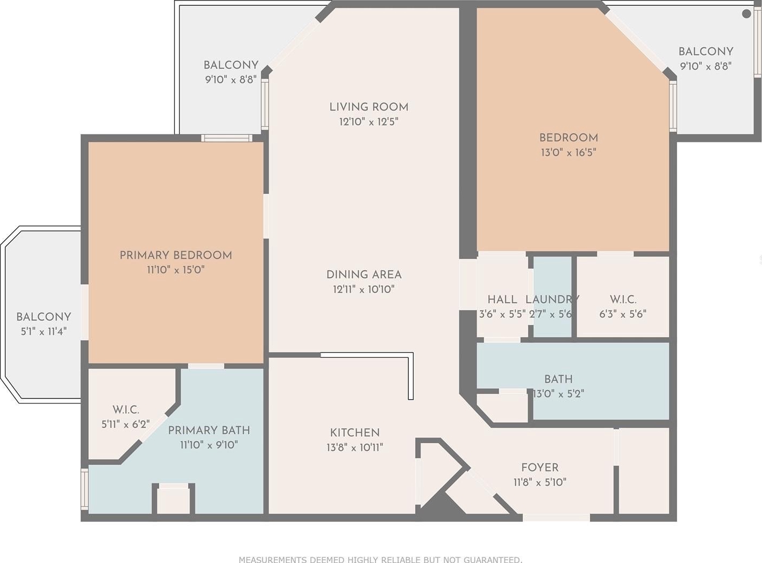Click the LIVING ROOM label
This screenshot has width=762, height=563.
point(369,107)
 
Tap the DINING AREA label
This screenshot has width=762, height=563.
point(364,275)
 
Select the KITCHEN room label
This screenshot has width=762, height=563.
point(355,433)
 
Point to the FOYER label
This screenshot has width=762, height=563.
point(540,467)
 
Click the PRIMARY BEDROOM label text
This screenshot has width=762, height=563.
point(176,255)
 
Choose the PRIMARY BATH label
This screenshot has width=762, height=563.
point(209,430)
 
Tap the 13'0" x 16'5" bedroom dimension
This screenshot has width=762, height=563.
point(568,153)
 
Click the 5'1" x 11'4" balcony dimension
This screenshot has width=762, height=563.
point(44,331)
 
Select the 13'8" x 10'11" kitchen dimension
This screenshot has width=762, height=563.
point(355,447)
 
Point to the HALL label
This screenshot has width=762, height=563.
point(502,300)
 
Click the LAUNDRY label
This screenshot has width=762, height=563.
point(552,300)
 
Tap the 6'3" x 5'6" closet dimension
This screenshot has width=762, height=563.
point(623,314)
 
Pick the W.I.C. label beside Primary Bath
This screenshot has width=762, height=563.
point(126,410)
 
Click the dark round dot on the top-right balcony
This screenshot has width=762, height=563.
point(746,14)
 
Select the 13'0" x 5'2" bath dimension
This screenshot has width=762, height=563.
point(558,394)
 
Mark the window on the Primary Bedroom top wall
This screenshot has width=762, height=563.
point(227,139)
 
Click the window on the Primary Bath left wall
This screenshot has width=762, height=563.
point(84,489)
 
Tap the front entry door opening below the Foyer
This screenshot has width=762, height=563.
point(557,517)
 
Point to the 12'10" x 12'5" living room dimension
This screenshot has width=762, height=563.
point(369,122)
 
